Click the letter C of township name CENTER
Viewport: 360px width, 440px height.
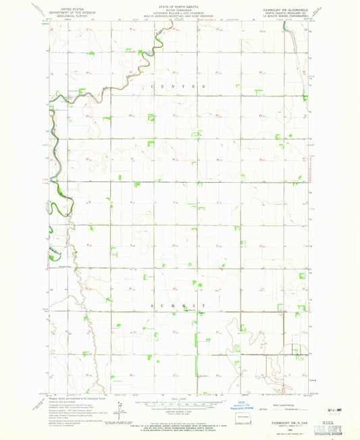(x=154, y=87)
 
